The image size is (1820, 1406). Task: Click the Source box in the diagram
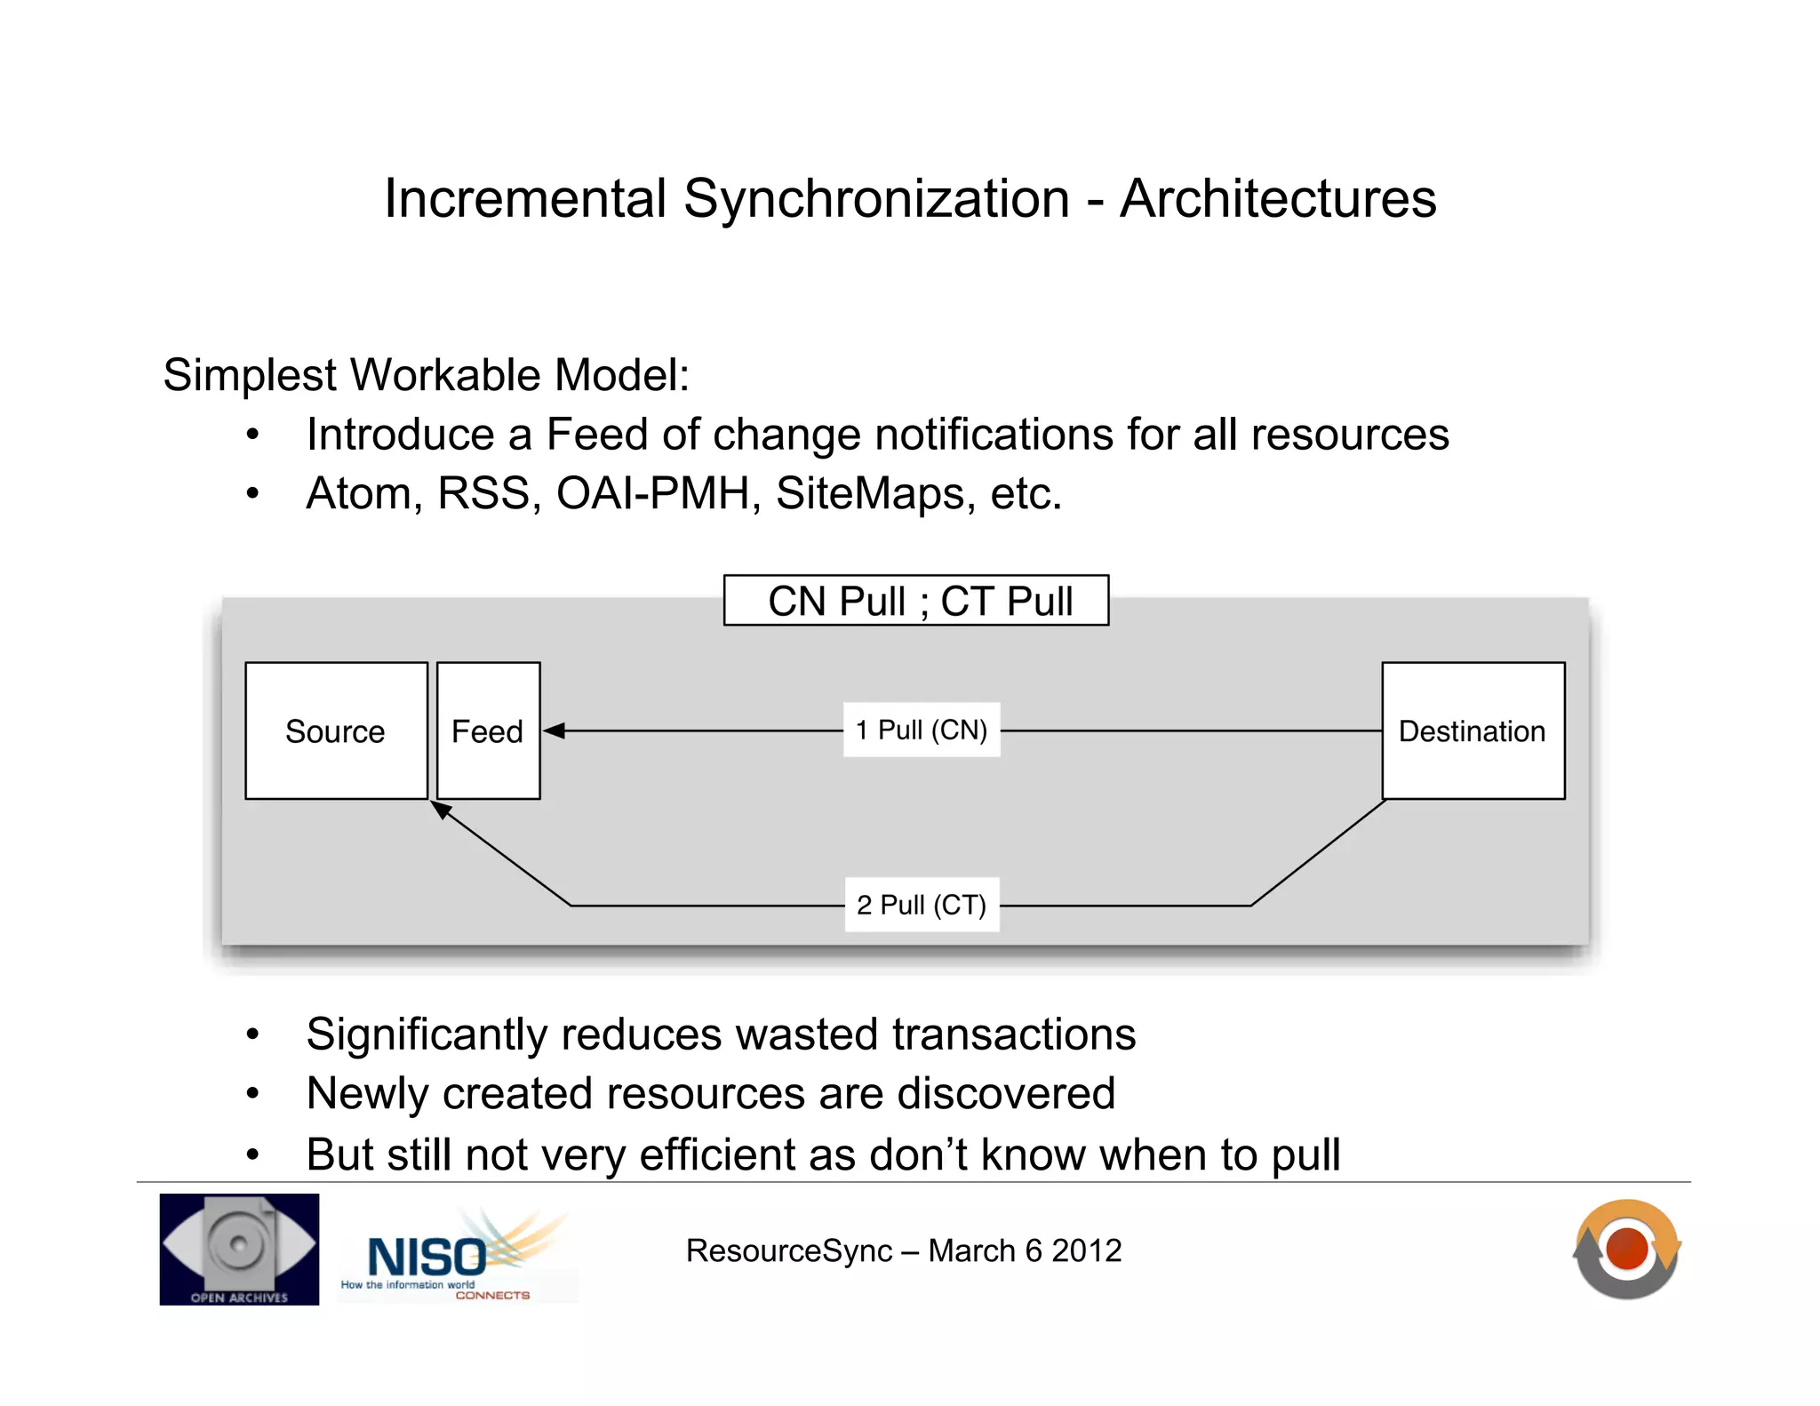point(336,731)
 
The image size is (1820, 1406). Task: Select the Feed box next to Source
point(488,731)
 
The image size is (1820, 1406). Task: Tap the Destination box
point(1473,731)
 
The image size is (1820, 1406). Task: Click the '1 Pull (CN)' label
point(922,730)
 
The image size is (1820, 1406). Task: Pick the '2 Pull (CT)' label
point(922,905)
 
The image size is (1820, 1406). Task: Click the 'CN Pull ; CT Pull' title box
point(916,601)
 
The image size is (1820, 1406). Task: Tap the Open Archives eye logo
point(239,1249)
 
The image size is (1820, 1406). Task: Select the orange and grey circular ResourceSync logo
point(1627,1250)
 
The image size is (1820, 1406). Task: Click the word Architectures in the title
point(1277,198)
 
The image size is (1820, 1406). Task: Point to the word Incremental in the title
point(525,198)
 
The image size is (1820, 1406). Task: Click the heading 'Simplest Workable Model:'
point(426,375)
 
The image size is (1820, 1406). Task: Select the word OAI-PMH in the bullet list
point(653,493)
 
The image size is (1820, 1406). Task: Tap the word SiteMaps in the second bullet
point(870,493)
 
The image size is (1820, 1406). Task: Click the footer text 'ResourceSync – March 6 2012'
point(903,1250)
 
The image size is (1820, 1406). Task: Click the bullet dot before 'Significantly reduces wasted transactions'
point(253,1035)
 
